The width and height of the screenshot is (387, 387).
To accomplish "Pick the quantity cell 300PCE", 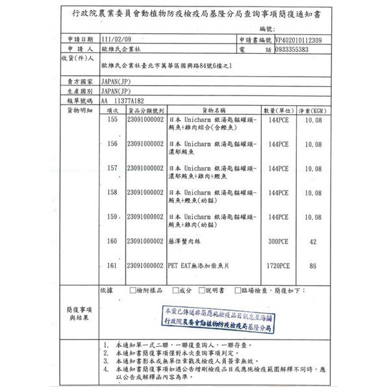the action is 277,242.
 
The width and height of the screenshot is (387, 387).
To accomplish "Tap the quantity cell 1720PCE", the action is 277,266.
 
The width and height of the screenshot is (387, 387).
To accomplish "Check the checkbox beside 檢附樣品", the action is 133,291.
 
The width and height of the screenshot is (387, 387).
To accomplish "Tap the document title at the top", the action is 193,12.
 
